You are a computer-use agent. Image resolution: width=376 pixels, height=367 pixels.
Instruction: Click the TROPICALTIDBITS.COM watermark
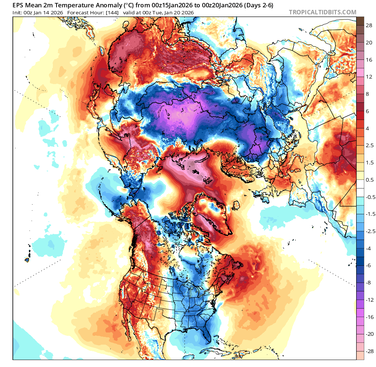tap(322, 12)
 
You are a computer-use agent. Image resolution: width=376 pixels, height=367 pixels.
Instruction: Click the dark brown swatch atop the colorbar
tap(360, 21)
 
